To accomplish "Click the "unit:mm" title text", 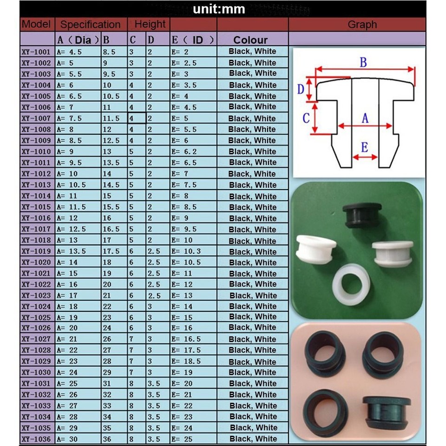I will point(219,9).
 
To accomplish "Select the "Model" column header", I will point(36,24).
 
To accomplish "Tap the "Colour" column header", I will point(250,39).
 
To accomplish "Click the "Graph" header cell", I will point(362,25).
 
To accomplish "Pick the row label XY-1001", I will point(36,52).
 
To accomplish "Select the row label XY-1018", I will point(36,240).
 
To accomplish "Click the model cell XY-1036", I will point(36,439).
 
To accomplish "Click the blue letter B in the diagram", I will point(363,62).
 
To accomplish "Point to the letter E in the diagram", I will point(364,148).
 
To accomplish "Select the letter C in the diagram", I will point(306,118).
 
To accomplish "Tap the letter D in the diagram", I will point(301,89).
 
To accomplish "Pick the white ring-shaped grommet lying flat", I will point(352,284).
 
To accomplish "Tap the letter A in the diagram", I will point(365,118).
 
